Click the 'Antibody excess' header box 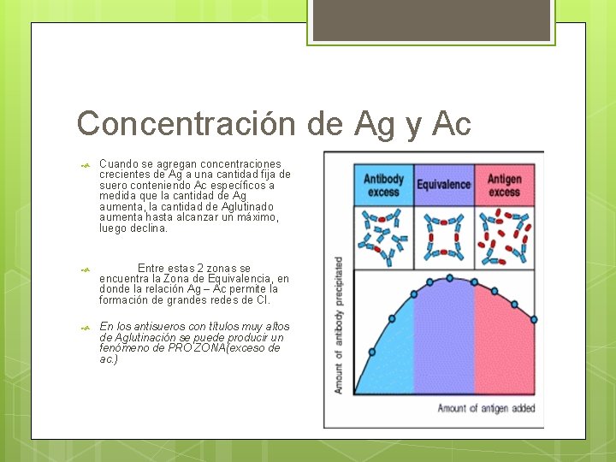click(383, 185)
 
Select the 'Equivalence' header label click(444, 185)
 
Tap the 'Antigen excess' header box click(505, 185)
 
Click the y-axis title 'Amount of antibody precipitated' click(339, 325)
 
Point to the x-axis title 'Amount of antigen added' click(486, 408)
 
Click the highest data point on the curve click(450, 278)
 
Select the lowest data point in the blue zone click(371, 352)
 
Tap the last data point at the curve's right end click(534, 319)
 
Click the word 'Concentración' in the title click(187, 124)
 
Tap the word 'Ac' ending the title click(452, 124)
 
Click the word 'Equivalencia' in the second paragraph click(241, 279)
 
